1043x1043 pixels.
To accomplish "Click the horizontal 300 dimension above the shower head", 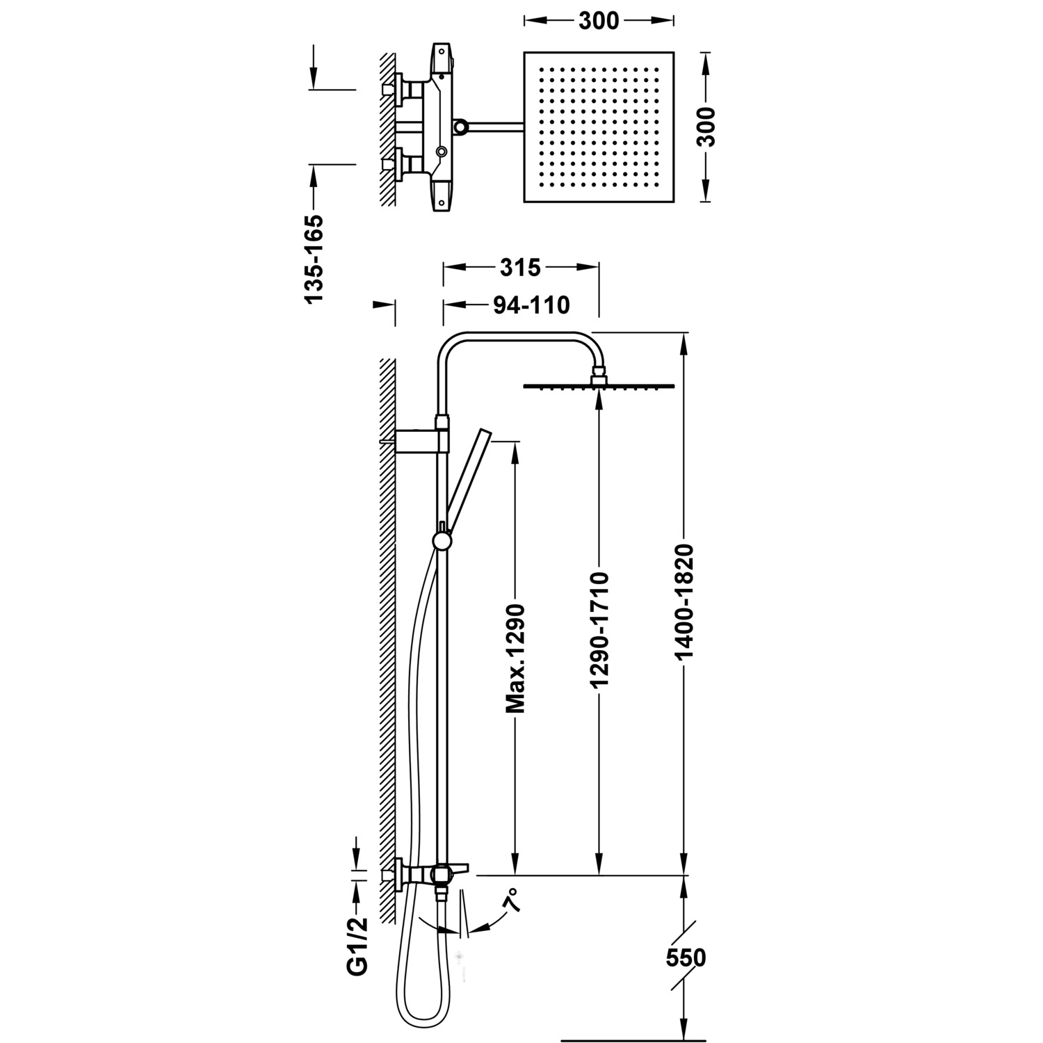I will point(598,21).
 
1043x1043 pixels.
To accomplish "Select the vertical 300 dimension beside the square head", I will point(706,127).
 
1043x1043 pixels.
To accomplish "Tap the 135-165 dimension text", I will point(314,259).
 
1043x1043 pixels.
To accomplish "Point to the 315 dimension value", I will point(520,267).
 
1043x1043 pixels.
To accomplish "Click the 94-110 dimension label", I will point(531,305).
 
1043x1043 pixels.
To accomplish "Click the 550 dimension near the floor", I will point(686,957).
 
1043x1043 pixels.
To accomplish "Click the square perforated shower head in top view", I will point(599,127).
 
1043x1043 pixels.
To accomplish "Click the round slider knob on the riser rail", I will point(441,540).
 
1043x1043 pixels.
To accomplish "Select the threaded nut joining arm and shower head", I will point(599,378).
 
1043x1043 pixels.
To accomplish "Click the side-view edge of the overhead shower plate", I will point(599,386).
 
